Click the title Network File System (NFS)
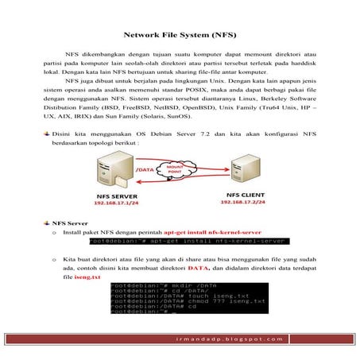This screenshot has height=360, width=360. [x=180, y=36]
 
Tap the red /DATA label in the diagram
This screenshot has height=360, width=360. [x=145, y=169]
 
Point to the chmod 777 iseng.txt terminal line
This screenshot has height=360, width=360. [x=165, y=301]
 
